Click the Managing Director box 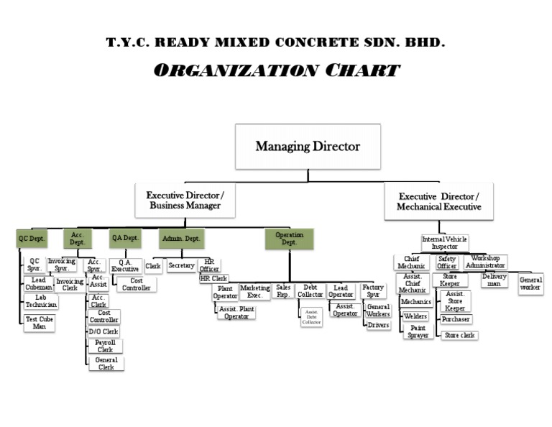coord(308,147)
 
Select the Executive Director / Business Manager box coord(185,200)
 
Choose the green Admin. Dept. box coord(182,238)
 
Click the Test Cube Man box coord(40,323)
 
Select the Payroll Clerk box coord(105,346)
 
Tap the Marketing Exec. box coord(255,291)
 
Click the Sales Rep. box coord(284,290)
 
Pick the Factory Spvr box coord(373,291)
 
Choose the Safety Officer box coord(447,262)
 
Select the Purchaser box coord(456,318)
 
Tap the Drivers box coord(378,325)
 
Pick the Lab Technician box coord(40,301)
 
